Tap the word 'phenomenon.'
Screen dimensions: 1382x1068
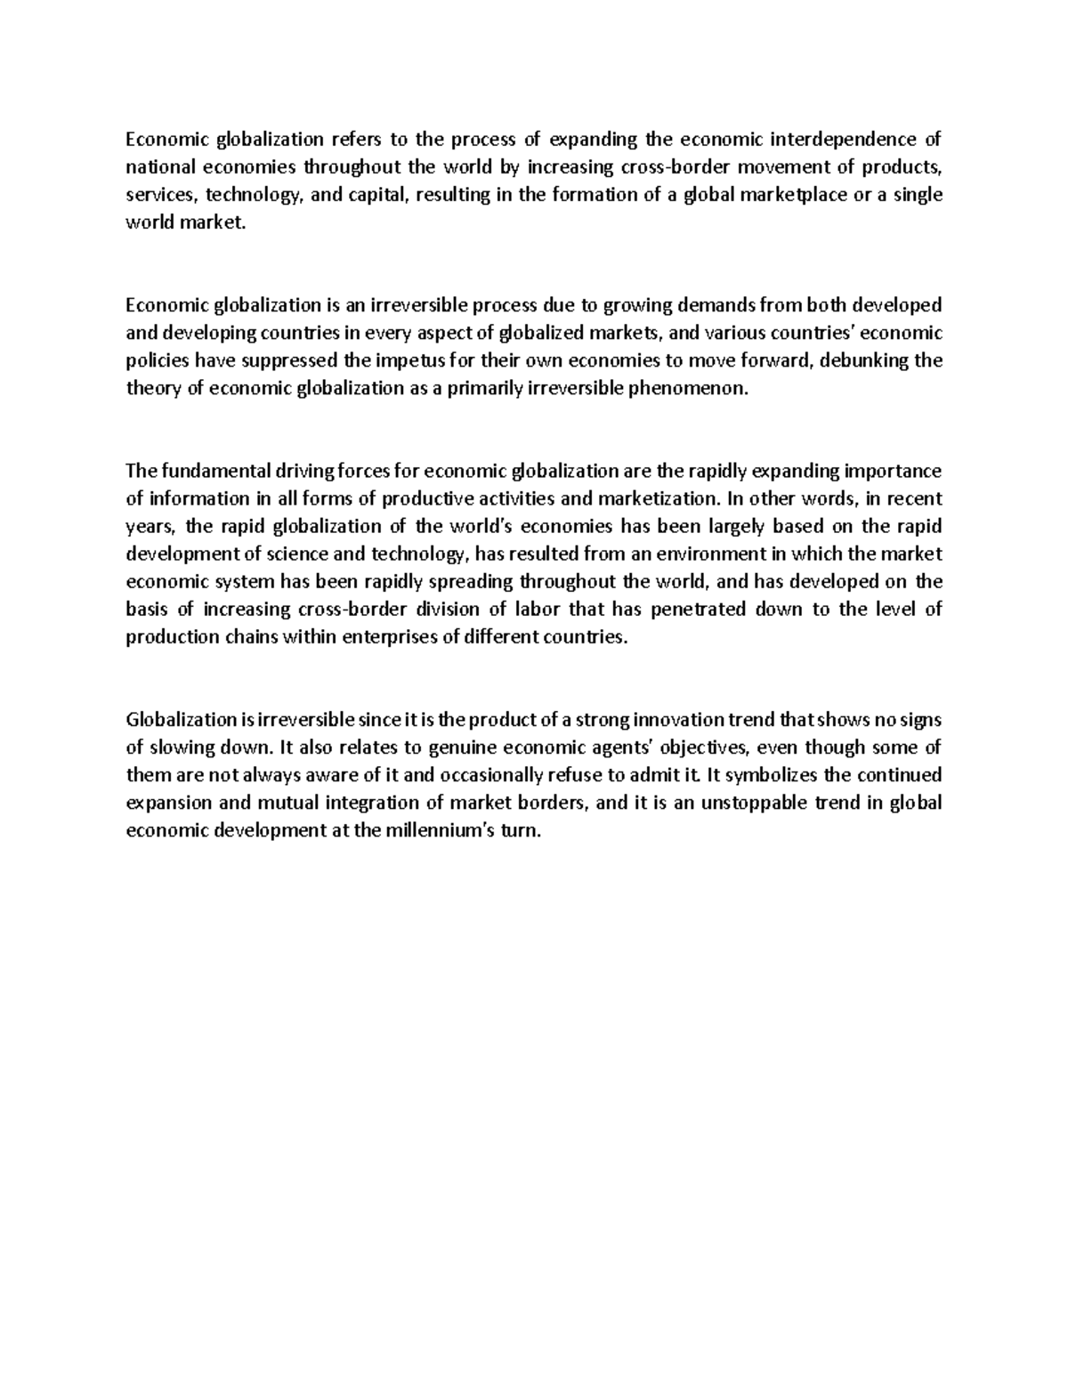pyautogui.click(x=695, y=389)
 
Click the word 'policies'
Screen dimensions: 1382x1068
pyautogui.click(x=156, y=360)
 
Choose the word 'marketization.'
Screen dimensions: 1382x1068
pyautogui.click(x=650, y=498)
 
